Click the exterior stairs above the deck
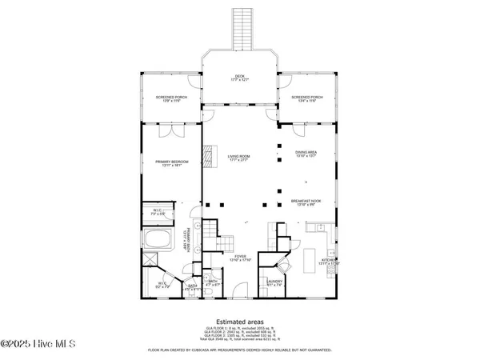tap(240, 29)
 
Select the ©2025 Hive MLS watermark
tap(38, 344)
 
